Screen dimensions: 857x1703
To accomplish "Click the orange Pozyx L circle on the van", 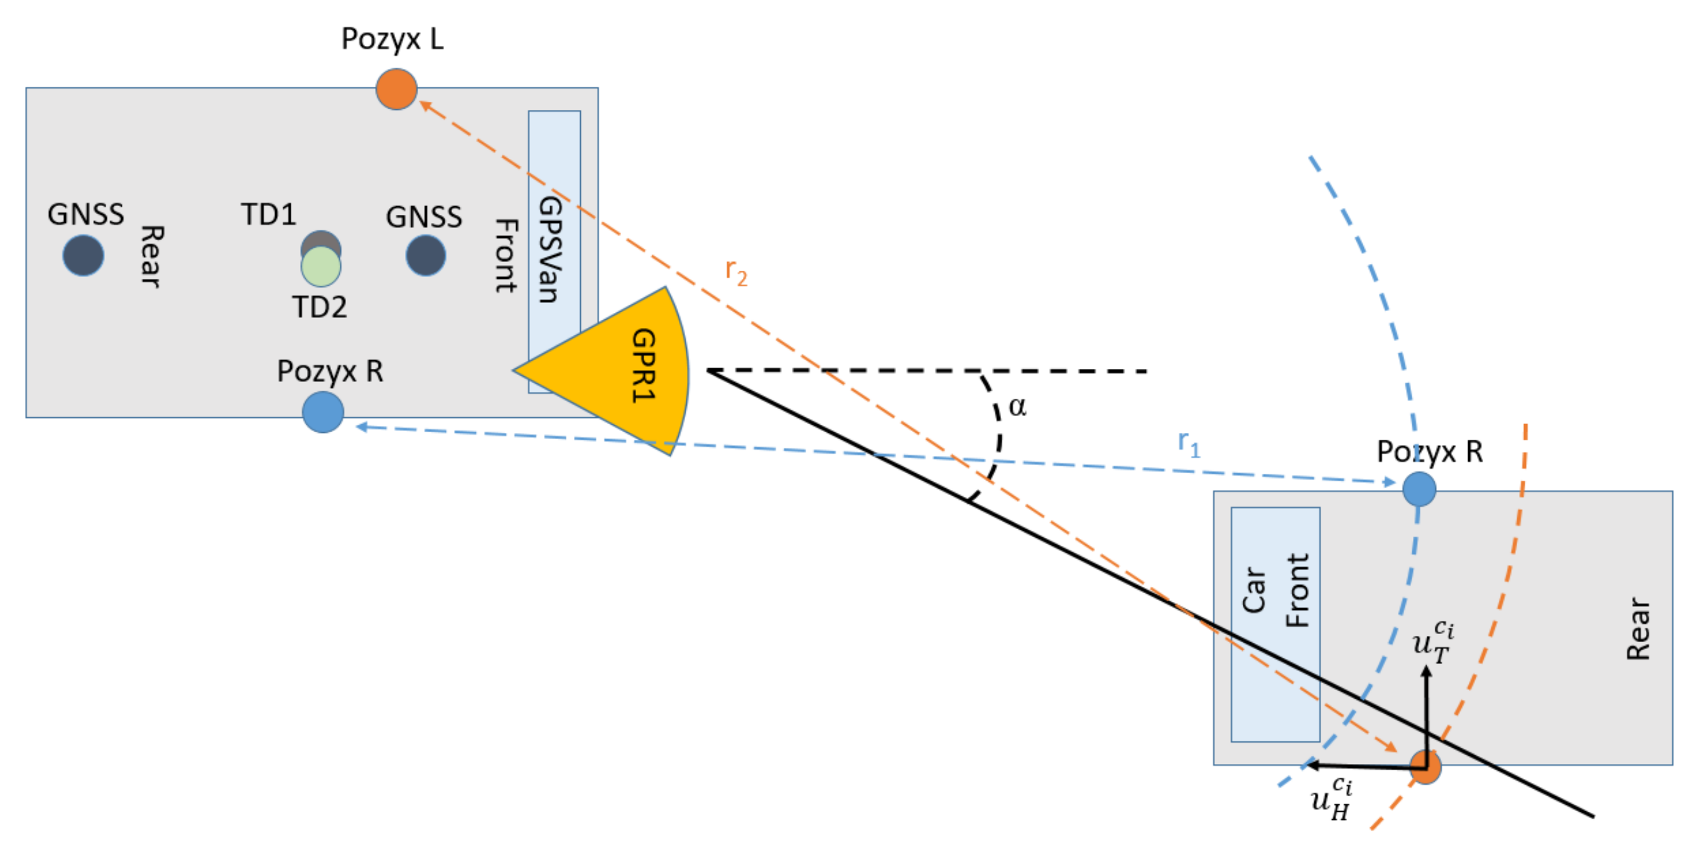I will coord(396,89).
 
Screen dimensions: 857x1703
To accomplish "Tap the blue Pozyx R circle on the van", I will coord(323,412).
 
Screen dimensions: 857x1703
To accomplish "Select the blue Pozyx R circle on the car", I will coord(1419,489).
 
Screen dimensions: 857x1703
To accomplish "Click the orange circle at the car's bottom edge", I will coord(1425,767).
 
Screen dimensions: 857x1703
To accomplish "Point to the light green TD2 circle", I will coord(321,267).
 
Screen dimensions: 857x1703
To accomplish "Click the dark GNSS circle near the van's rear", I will coord(84,255).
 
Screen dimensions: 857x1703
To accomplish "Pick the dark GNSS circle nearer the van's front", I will coord(425,255).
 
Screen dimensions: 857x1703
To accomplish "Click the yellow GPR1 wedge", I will coord(622,370).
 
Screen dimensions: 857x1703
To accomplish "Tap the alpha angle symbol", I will coord(1017,407).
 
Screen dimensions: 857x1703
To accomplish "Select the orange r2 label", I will coord(736,271).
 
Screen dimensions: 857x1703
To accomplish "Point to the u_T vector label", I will coord(1432,641).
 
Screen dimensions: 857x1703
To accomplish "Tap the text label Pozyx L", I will coord(392,39).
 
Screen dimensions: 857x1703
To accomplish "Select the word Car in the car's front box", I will coord(1253,590).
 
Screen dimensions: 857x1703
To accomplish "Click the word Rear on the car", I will coord(1638,628).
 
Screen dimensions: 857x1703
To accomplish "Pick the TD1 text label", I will coord(268,214).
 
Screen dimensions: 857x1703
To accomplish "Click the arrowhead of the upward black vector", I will coord(1426,670).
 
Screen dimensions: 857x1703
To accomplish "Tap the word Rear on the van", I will coord(151,256).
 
